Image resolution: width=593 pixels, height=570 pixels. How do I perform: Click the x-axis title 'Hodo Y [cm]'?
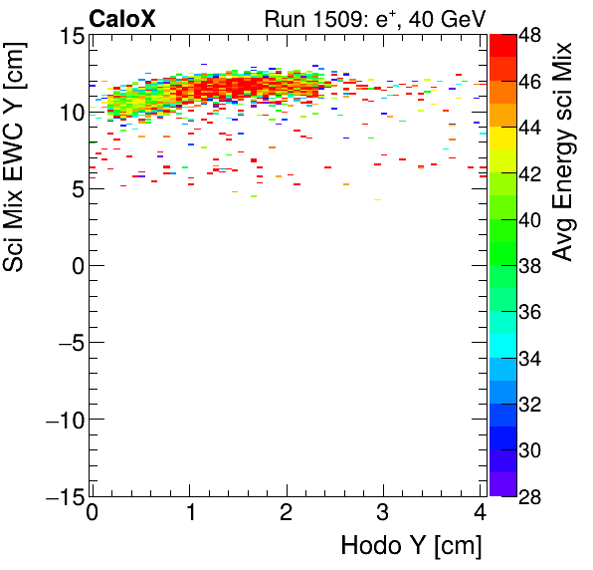pyautogui.click(x=411, y=546)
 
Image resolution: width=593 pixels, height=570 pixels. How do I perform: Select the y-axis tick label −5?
pyautogui.click(x=66, y=343)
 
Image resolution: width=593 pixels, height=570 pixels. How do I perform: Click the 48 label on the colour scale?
pyautogui.click(x=529, y=35)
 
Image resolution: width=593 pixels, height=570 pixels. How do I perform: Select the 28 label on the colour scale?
pyautogui.click(x=529, y=496)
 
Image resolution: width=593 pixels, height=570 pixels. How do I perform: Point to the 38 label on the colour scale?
pyautogui.click(x=529, y=266)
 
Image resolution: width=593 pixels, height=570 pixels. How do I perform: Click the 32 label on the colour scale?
pyautogui.click(x=529, y=405)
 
